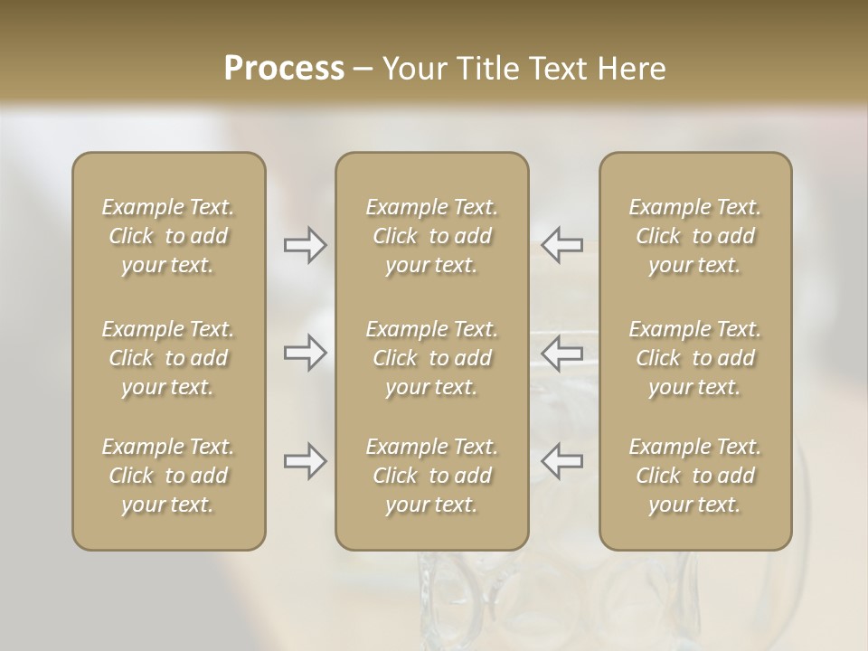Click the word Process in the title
tap(284, 69)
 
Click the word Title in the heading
tap(488, 69)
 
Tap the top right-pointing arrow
tap(306, 244)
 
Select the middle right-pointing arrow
tap(306, 353)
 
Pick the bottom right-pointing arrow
tap(306, 461)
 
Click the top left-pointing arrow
tap(562, 244)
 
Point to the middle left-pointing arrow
tap(562, 353)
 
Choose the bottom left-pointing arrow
tap(562, 461)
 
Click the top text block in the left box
tap(168, 236)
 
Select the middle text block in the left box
tap(168, 358)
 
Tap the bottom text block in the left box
tap(168, 476)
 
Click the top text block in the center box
tap(432, 236)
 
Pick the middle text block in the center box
tap(432, 358)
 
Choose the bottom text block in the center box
tap(432, 476)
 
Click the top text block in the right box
tap(695, 236)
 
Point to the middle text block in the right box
tap(695, 358)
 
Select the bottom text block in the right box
tap(695, 476)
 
